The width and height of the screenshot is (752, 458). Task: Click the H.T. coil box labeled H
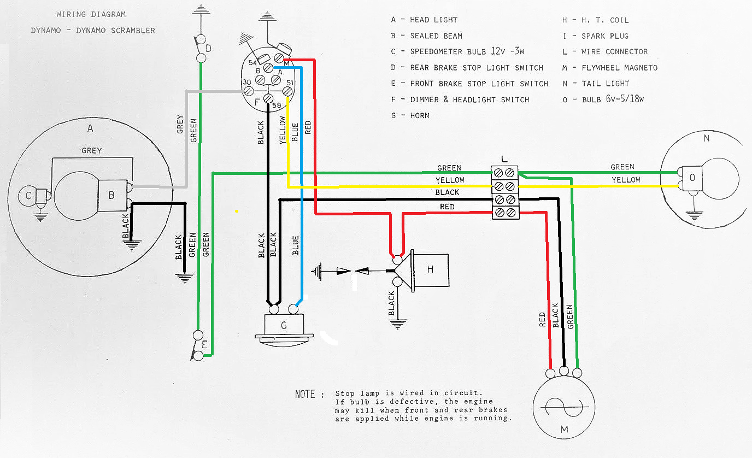pyautogui.click(x=430, y=270)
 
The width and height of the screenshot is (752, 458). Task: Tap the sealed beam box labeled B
pyautogui.click(x=112, y=195)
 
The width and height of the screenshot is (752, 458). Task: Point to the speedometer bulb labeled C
pyautogui.click(x=28, y=195)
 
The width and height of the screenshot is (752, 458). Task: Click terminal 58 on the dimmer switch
pyautogui.click(x=268, y=98)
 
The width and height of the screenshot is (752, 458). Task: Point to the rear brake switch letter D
pyautogui.click(x=208, y=49)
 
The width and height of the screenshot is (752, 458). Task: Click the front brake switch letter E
pyautogui.click(x=204, y=345)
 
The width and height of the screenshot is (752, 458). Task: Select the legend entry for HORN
pyautogui.click(x=419, y=115)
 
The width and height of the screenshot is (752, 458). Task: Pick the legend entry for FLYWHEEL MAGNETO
pyautogui.click(x=619, y=68)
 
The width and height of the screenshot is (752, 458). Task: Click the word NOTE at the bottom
pyautogui.click(x=305, y=394)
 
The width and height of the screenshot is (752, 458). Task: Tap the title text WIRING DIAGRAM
pyautogui.click(x=91, y=14)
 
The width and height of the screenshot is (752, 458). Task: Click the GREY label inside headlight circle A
pyautogui.click(x=91, y=150)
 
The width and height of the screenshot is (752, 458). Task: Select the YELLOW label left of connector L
pyautogui.click(x=450, y=180)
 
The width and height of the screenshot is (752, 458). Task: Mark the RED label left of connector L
pyautogui.click(x=447, y=207)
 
